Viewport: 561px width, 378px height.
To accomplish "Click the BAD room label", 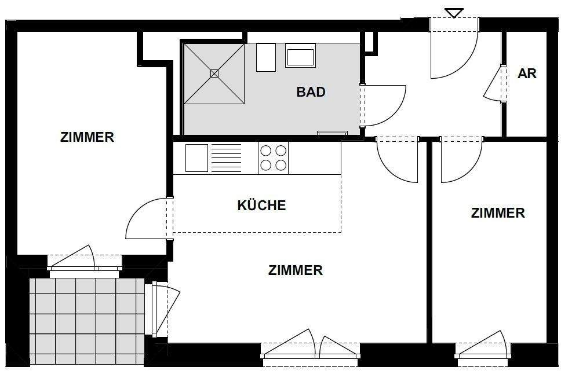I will (311, 92).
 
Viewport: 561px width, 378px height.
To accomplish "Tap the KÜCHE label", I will (261, 205).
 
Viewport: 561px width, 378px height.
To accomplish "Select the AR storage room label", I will (527, 74).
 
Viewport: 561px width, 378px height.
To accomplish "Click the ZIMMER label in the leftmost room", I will (87, 138).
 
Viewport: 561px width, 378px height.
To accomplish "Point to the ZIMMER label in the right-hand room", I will (498, 213).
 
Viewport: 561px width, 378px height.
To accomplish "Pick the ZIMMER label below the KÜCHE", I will (296, 270).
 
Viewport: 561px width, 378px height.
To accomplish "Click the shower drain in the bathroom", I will (214, 74).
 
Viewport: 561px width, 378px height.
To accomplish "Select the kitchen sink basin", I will (196, 158).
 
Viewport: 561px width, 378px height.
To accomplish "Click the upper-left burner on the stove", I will (266, 151).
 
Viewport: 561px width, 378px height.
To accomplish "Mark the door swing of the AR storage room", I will (493, 86).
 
